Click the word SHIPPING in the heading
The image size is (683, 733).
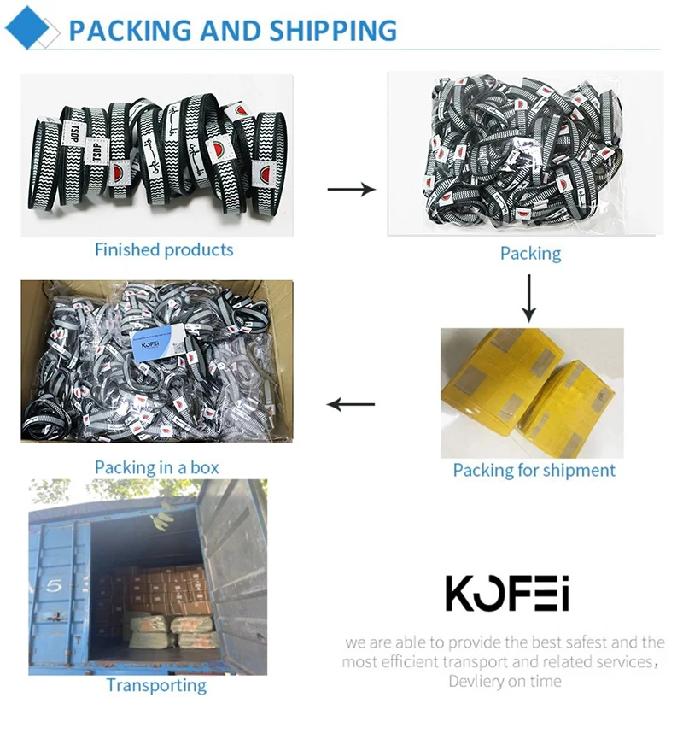[333, 30]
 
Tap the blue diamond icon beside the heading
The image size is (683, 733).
[27, 29]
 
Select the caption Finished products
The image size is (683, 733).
[164, 249]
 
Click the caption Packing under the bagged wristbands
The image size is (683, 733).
[530, 253]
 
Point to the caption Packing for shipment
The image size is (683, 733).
[534, 470]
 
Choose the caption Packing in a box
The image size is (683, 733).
[156, 467]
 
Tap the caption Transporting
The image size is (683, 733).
[156, 685]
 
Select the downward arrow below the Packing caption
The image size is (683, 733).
[529, 296]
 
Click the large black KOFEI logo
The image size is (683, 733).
[507, 593]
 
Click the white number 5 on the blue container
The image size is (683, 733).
[53, 587]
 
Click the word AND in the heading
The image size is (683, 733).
[231, 30]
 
